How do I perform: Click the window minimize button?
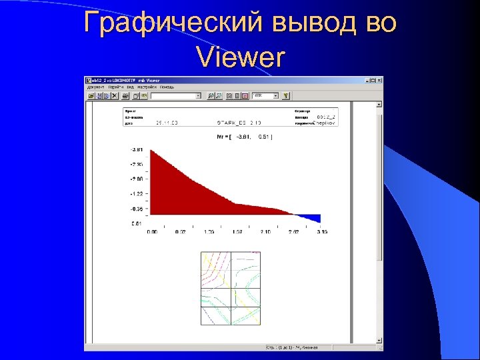(367, 81)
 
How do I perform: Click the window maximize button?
(373, 81)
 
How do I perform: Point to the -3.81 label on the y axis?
(137, 150)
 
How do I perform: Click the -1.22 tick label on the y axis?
(137, 193)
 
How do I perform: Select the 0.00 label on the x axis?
(152, 233)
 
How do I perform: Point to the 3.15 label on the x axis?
(321, 233)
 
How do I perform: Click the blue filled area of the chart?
(311, 217)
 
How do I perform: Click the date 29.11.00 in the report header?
(167, 123)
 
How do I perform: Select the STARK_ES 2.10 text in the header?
(239, 123)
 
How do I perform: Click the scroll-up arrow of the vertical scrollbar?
(379, 105)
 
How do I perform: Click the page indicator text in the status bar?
(292, 347)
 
